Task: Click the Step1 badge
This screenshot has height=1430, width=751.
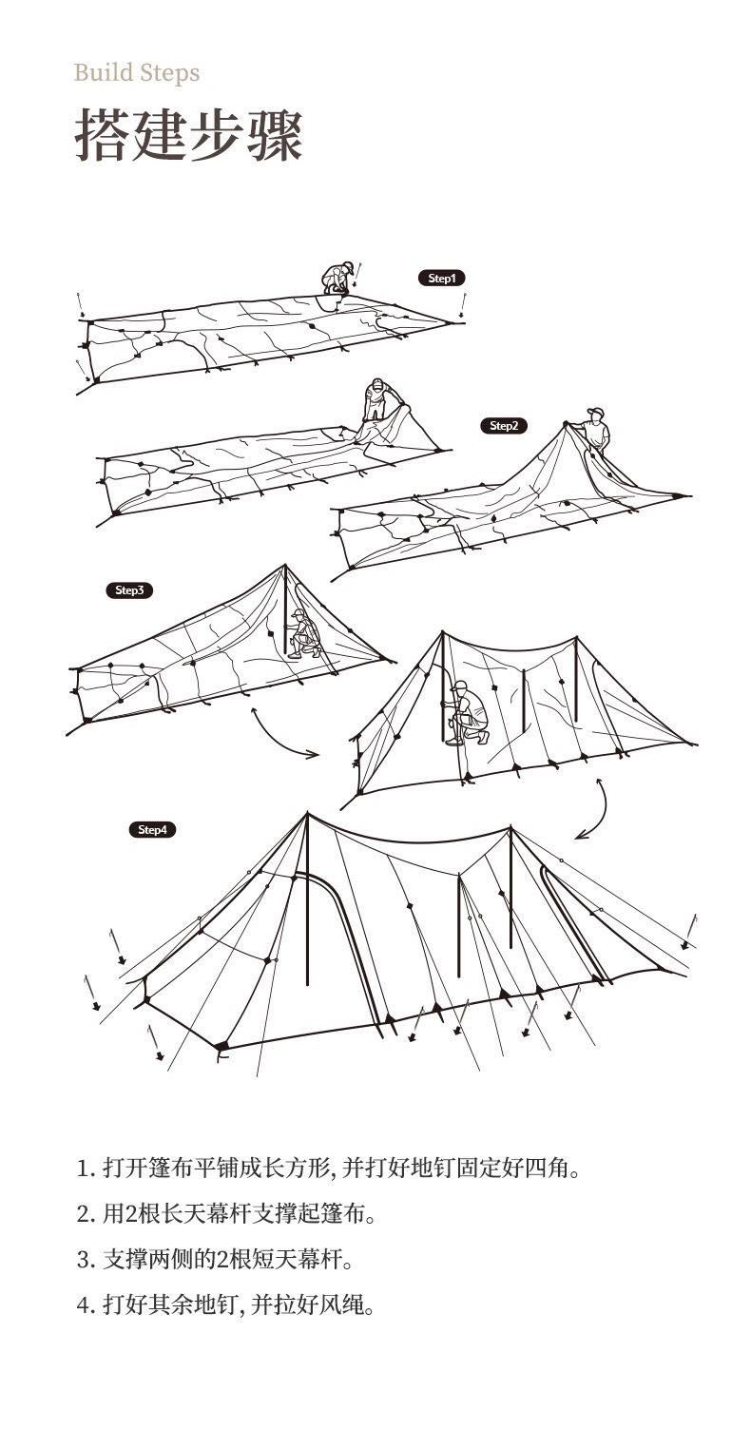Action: (441, 278)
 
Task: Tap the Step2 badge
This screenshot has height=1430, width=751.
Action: (504, 426)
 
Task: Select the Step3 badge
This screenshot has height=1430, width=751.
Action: (129, 589)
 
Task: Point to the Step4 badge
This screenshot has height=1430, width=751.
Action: (152, 830)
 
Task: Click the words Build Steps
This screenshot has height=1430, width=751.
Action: (137, 73)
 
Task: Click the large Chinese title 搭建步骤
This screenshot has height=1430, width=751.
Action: (189, 136)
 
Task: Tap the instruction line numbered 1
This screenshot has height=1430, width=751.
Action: (328, 1169)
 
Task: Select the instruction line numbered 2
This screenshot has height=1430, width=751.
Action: (226, 1213)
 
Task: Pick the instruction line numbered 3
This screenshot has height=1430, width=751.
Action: (215, 1260)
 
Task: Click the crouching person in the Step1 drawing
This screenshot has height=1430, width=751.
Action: (338, 278)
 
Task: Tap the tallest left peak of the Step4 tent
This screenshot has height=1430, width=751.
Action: (307, 813)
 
